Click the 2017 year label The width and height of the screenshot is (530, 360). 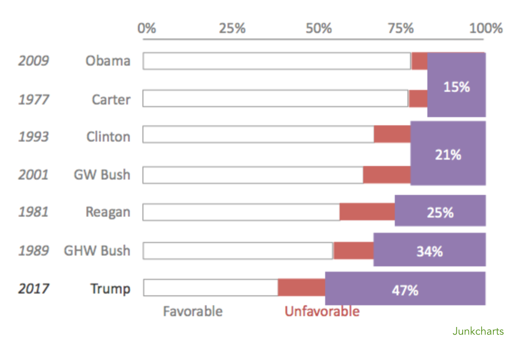point(33,289)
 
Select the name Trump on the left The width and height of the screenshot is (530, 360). point(110,289)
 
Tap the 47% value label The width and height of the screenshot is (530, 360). point(405,290)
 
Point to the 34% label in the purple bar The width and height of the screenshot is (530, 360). point(429,251)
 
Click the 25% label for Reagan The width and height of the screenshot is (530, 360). point(440,212)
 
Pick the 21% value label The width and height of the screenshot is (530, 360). point(448,155)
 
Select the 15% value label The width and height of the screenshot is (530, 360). point(456,87)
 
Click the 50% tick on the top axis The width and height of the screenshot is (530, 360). point(318,28)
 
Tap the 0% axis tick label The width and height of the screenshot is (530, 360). point(147,28)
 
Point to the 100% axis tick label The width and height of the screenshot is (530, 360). point(486,28)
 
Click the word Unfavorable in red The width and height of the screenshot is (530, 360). point(322,312)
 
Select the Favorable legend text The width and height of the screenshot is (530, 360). point(193,312)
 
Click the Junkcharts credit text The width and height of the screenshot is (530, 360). point(478,331)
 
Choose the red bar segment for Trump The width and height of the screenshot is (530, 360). point(301,288)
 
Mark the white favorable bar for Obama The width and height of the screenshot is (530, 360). point(277,61)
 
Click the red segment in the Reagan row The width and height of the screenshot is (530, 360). point(367,212)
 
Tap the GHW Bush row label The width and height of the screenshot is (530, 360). point(97,251)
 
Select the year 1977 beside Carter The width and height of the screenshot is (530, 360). point(33,99)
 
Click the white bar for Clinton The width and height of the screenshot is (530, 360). point(258,134)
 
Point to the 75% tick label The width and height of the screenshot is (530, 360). point(401,28)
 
